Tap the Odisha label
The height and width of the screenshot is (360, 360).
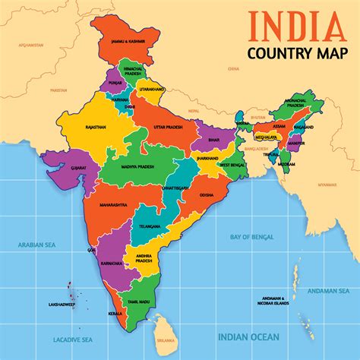[x=207, y=194]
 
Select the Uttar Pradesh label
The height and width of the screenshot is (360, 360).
[x=169, y=127]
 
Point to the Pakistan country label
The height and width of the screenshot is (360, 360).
[x=58, y=90]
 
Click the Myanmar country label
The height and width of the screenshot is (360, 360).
[x=327, y=185]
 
